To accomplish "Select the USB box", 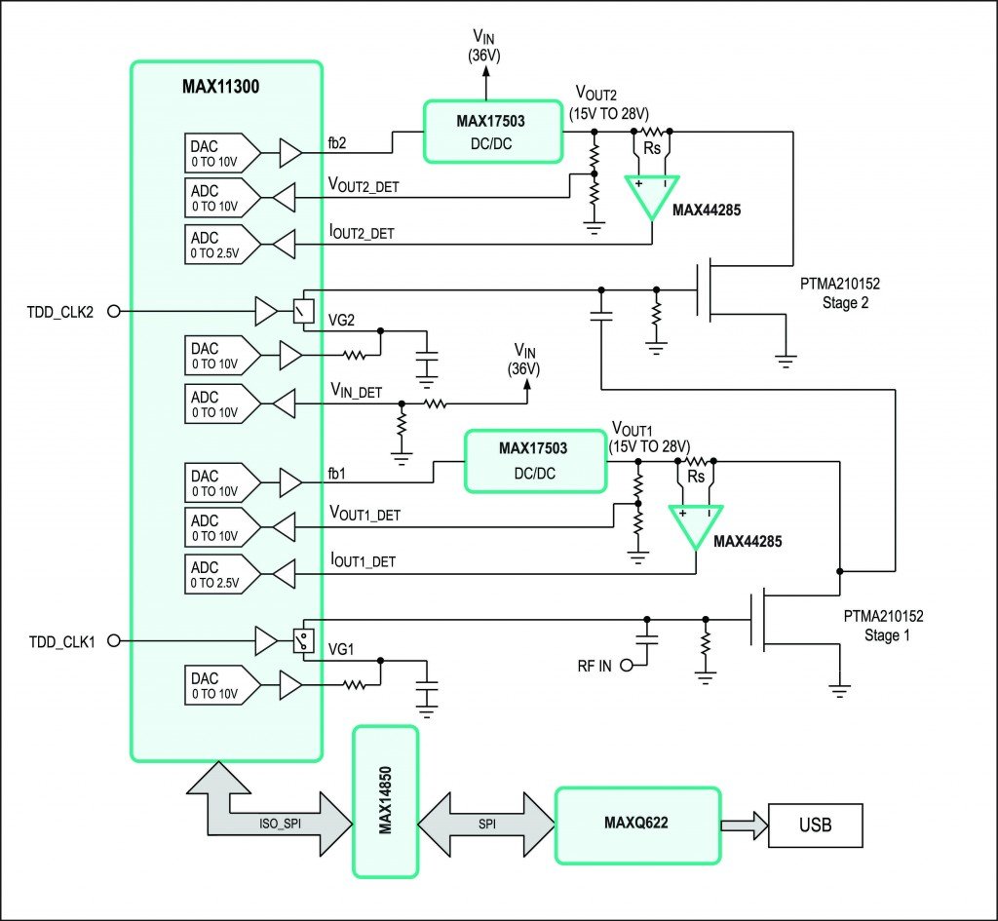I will click(815, 825).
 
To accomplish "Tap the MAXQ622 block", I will click(637, 825).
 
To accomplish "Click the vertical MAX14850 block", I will click(386, 801).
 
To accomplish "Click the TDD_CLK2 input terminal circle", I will click(112, 312).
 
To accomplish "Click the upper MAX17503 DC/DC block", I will click(493, 132).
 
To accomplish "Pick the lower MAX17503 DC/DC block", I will click(534, 459).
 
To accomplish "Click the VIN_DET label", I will click(356, 393).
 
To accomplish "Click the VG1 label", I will click(340, 648).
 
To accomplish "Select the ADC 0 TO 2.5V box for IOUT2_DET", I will click(221, 244).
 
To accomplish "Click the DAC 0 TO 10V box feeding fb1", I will click(221, 482).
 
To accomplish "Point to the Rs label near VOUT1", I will click(696, 477).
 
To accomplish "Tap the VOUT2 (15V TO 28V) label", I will click(610, 100).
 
